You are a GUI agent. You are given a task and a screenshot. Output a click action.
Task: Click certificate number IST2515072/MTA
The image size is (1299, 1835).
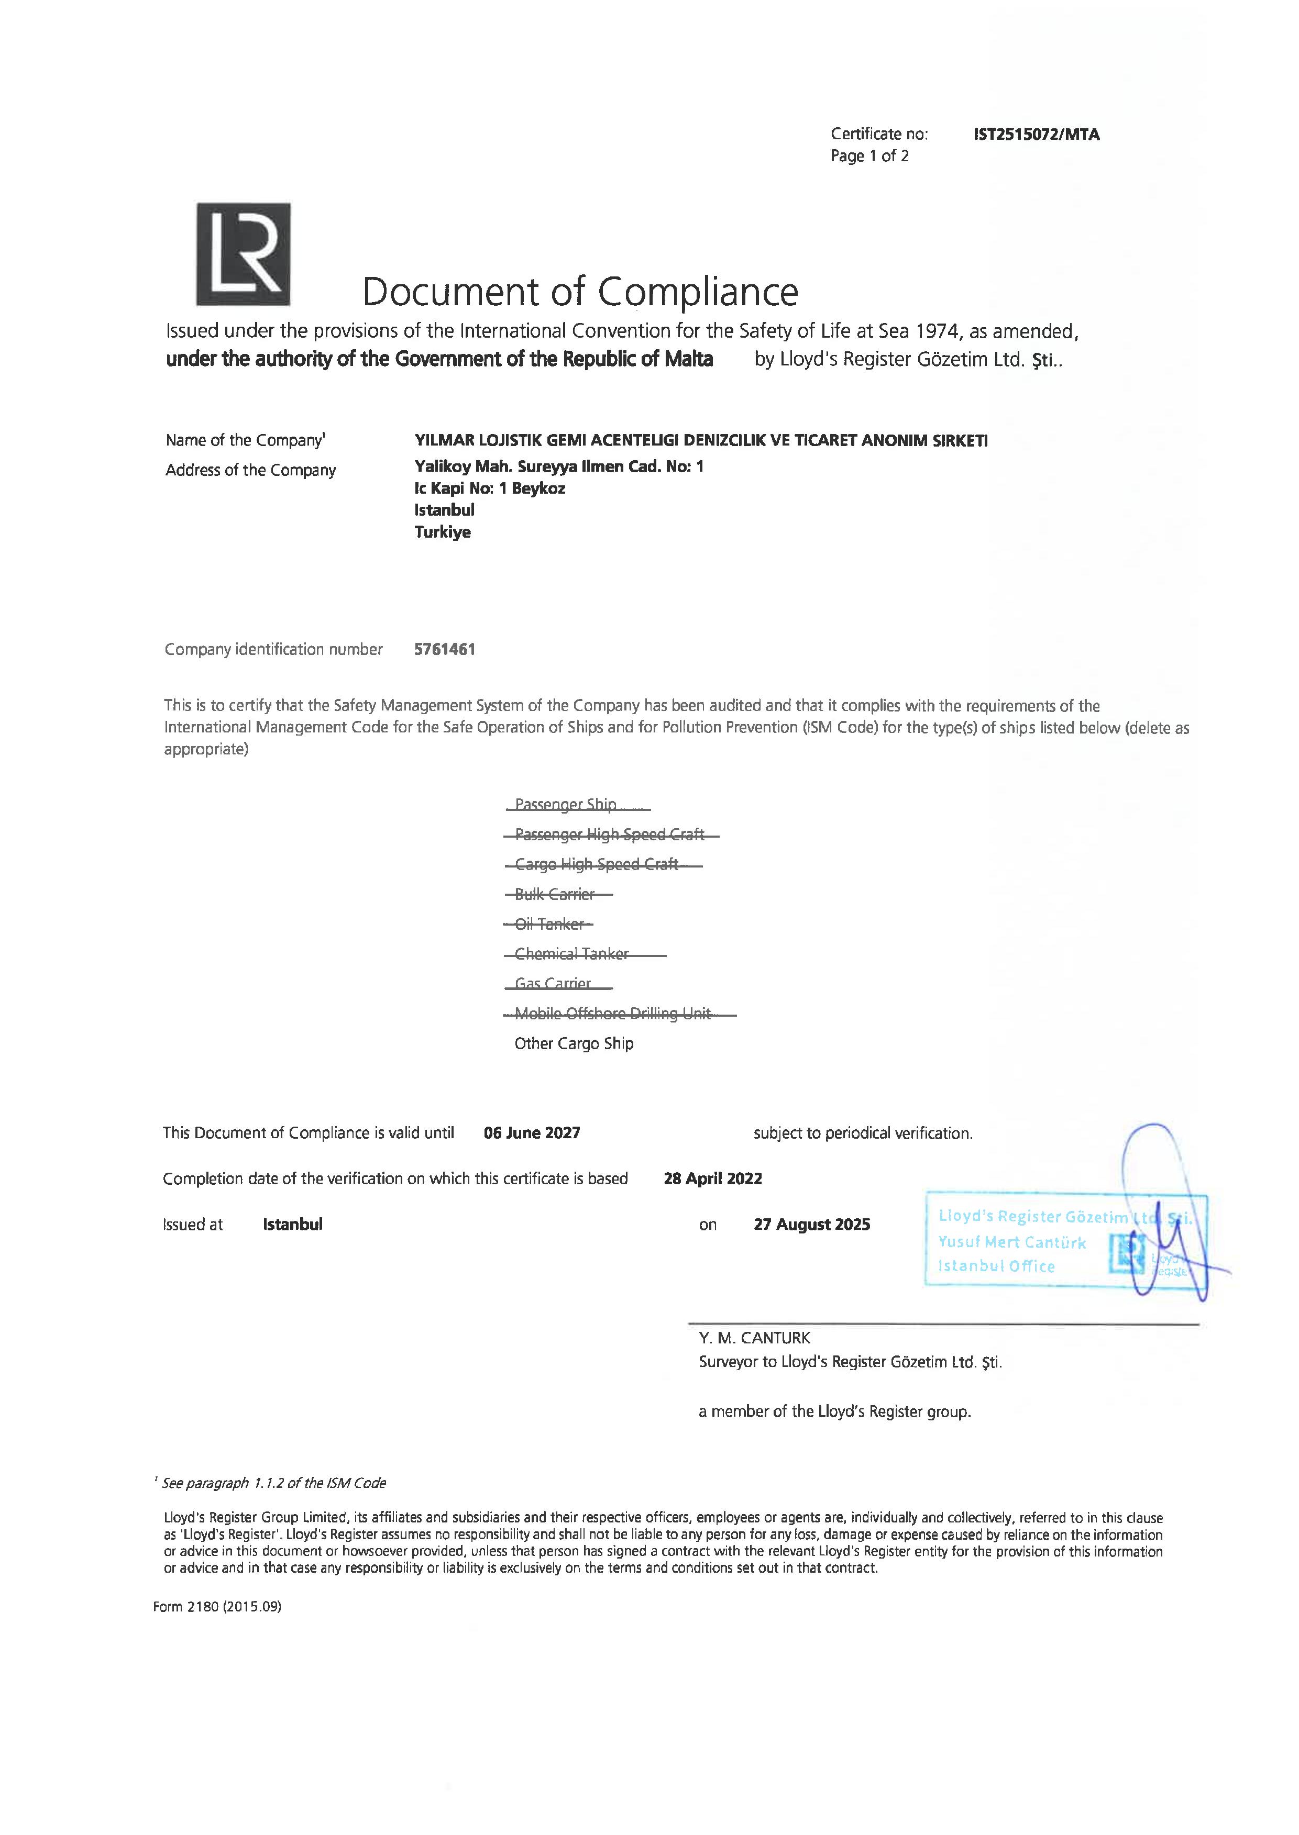[x=1036, y=135]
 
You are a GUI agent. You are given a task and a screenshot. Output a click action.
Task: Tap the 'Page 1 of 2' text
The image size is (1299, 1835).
[x=869, y=156]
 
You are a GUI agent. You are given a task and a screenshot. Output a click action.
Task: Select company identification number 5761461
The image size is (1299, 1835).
[x=445, y=649]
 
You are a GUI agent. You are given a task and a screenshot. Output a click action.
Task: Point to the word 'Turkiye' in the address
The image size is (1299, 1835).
[x=442, y=532]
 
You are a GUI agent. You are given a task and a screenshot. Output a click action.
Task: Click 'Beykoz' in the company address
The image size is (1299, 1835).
[x=538, y=488]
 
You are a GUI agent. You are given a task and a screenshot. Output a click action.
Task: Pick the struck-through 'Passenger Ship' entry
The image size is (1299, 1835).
[x=566, y=804]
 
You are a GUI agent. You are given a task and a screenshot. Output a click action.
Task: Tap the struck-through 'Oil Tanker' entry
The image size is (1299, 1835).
[x=549, y=924]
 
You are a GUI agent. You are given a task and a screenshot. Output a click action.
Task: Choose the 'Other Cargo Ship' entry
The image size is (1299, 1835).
[x=574, y=1043]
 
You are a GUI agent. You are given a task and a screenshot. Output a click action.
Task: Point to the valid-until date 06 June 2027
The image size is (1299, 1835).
[x=532, y=1132]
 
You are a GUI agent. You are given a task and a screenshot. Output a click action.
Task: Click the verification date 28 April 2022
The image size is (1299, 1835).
[x=713, y=1178]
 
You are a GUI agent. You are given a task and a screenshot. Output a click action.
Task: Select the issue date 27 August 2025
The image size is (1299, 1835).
[x=811, y=1224]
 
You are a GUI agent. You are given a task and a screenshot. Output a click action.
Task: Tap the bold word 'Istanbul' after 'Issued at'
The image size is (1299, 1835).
[x=293, y=1224]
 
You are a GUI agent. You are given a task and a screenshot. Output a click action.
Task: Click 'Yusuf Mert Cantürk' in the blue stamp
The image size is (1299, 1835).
[x=1012, y=1242]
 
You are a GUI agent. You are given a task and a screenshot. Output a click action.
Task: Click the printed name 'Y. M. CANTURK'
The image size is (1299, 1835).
[x=754, y=1338]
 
